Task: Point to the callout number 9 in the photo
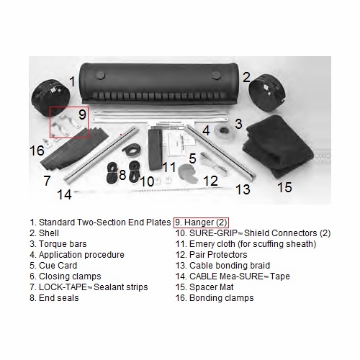(x=82, y=114)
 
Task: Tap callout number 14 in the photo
(x=63, y=194)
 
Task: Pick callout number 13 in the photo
(x=243, y=189)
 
